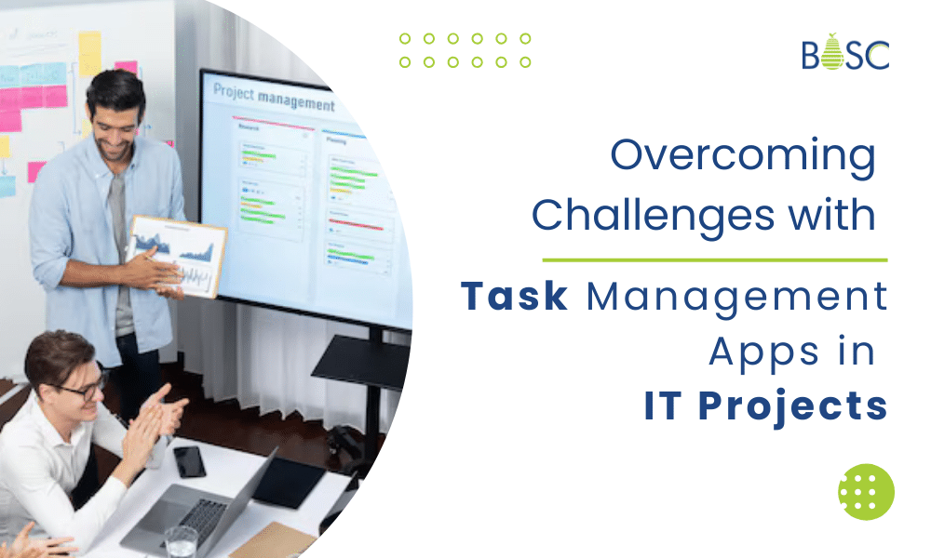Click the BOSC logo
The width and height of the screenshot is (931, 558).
tap(845, 53)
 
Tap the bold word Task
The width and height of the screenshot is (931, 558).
tap(515, 297)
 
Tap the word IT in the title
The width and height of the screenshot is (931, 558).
tap(666, 406)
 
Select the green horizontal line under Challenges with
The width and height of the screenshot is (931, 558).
tap(714, 260)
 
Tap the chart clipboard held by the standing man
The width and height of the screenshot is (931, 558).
tap(178, 255)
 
